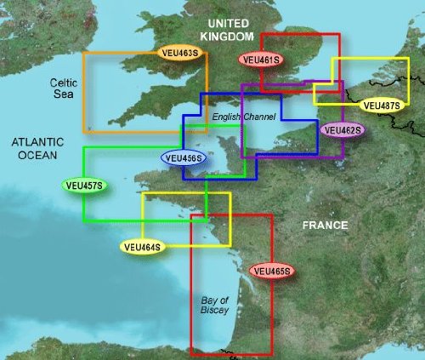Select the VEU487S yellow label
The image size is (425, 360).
click(379, 106)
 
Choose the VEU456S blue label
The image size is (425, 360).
click(183, 157)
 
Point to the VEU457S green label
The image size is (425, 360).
click(84, 185)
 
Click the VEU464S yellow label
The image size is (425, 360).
click(142, 247)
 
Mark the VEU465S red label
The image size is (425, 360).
click(273, 271)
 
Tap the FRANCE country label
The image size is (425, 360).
click(327, 226)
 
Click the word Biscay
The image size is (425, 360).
click(213, 312)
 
